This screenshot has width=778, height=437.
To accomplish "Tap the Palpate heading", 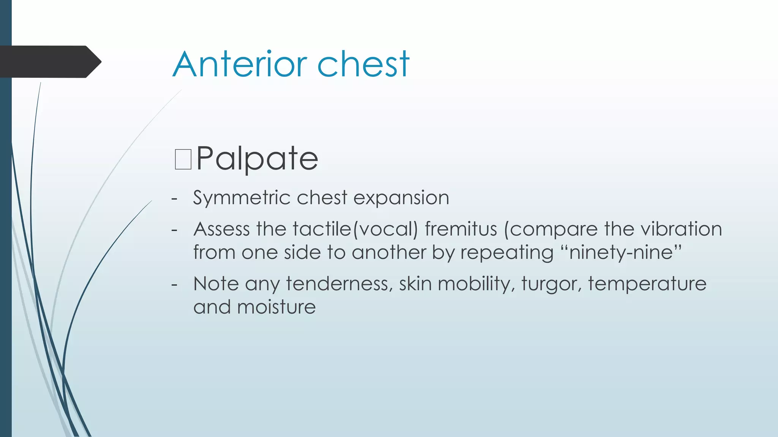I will [x=257, y=159].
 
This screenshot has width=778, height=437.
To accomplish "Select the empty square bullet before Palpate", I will [x=183, y=159].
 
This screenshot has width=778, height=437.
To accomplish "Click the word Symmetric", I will [x=242, y=198].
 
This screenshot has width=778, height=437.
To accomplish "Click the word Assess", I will [x=221, y=229].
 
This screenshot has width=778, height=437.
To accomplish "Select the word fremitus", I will [x=461, y=229].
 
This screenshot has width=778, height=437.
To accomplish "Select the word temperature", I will [x=647, y=284].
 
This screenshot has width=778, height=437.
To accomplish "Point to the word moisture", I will [x=276, y=307].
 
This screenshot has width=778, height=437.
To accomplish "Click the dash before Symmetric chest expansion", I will [x=174, y=198].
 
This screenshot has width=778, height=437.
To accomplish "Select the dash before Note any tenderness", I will [x=174, y=284].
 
